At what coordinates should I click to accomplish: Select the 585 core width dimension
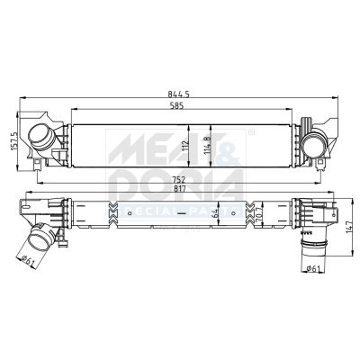[181, 106]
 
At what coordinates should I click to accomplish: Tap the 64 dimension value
[216, 213]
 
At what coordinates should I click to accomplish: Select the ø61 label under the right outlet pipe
[312, 267]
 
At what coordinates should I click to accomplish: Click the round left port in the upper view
[41, 139]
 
